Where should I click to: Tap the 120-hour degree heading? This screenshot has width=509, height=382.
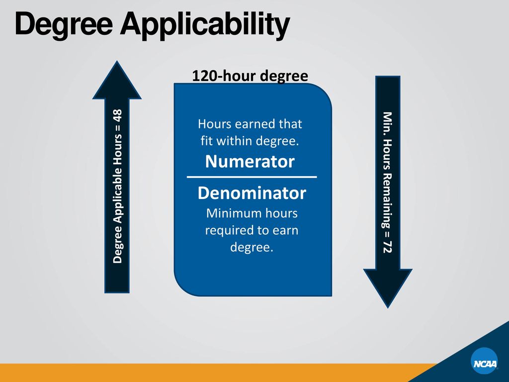coord(250,76)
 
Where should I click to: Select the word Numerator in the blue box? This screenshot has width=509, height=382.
coord(250,162)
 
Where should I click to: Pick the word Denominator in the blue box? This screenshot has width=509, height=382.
coord(252,193)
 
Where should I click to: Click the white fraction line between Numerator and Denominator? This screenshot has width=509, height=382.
coord(252,177)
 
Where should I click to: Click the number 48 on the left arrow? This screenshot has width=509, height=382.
coord(118,115)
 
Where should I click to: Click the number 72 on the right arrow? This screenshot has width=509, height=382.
coord(388,246)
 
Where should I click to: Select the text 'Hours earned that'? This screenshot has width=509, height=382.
coord(250,124)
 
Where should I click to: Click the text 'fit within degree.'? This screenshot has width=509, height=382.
coord(250,141)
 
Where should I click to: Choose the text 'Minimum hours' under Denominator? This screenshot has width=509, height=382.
coord(252,213)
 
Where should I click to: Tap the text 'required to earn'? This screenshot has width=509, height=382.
coord(252,230)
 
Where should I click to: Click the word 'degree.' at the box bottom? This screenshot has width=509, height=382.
coord(252,247)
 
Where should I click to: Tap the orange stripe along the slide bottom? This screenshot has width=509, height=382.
coord(199,373)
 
